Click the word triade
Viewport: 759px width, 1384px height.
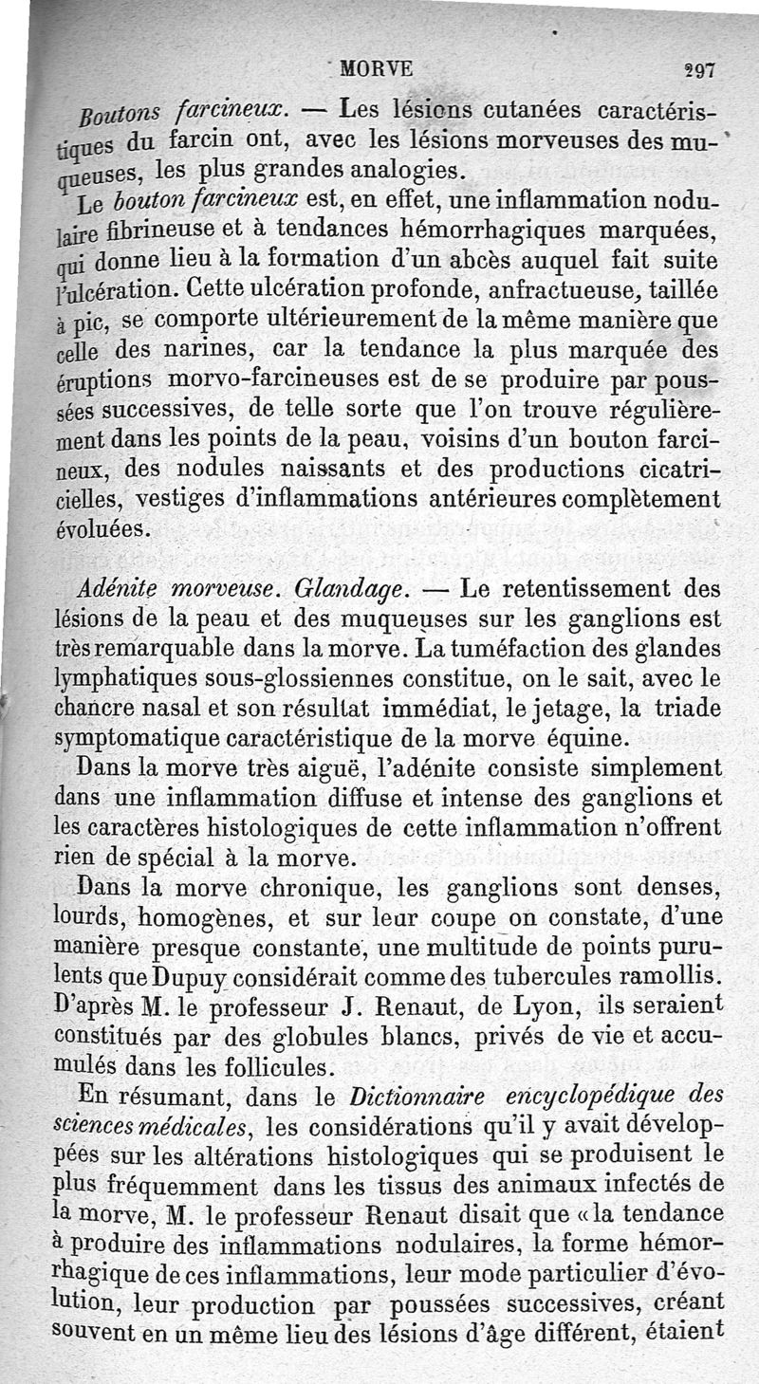coord(679,709)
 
